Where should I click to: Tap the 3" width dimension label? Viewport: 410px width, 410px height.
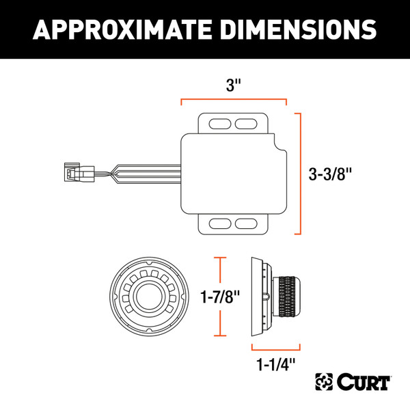pos(234,87)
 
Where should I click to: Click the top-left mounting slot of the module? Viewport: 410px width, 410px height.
pos(219,124)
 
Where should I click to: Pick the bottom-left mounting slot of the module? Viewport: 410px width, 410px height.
pos(219,223)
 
